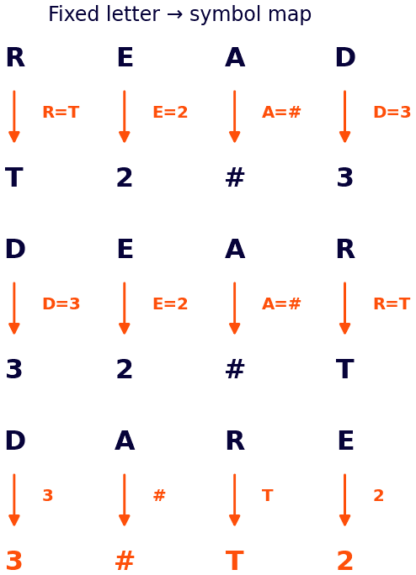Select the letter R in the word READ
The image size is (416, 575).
click(x=15, y=57)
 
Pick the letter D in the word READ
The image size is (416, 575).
click(x=345, y=57)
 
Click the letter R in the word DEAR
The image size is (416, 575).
click(x=345, y=249)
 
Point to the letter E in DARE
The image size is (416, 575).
click(x=346, y=440)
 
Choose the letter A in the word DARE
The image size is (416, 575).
click(x=125, y=440)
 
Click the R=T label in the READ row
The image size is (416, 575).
click(x=61, y=112)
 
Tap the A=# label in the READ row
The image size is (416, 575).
click(x=281, y=112)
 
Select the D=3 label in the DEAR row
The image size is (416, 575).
click(x=61, y=303)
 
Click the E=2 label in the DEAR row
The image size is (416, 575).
click(x=170, y=303)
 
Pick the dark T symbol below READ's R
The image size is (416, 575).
click(x=14, y=177)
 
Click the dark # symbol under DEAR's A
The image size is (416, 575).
click(x=235, y=369)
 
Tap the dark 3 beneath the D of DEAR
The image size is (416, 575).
click(x=14, y=369)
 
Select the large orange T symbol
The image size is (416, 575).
click(x=235, y=561)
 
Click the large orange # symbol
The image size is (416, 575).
click(x=125, y=561)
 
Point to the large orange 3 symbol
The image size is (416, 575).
click(x=14, y=561)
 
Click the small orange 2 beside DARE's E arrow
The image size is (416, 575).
click(x=378, y=495)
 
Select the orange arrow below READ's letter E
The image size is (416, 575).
click(x=125, y=117)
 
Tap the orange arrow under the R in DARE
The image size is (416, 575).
click(x=234, y=500)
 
